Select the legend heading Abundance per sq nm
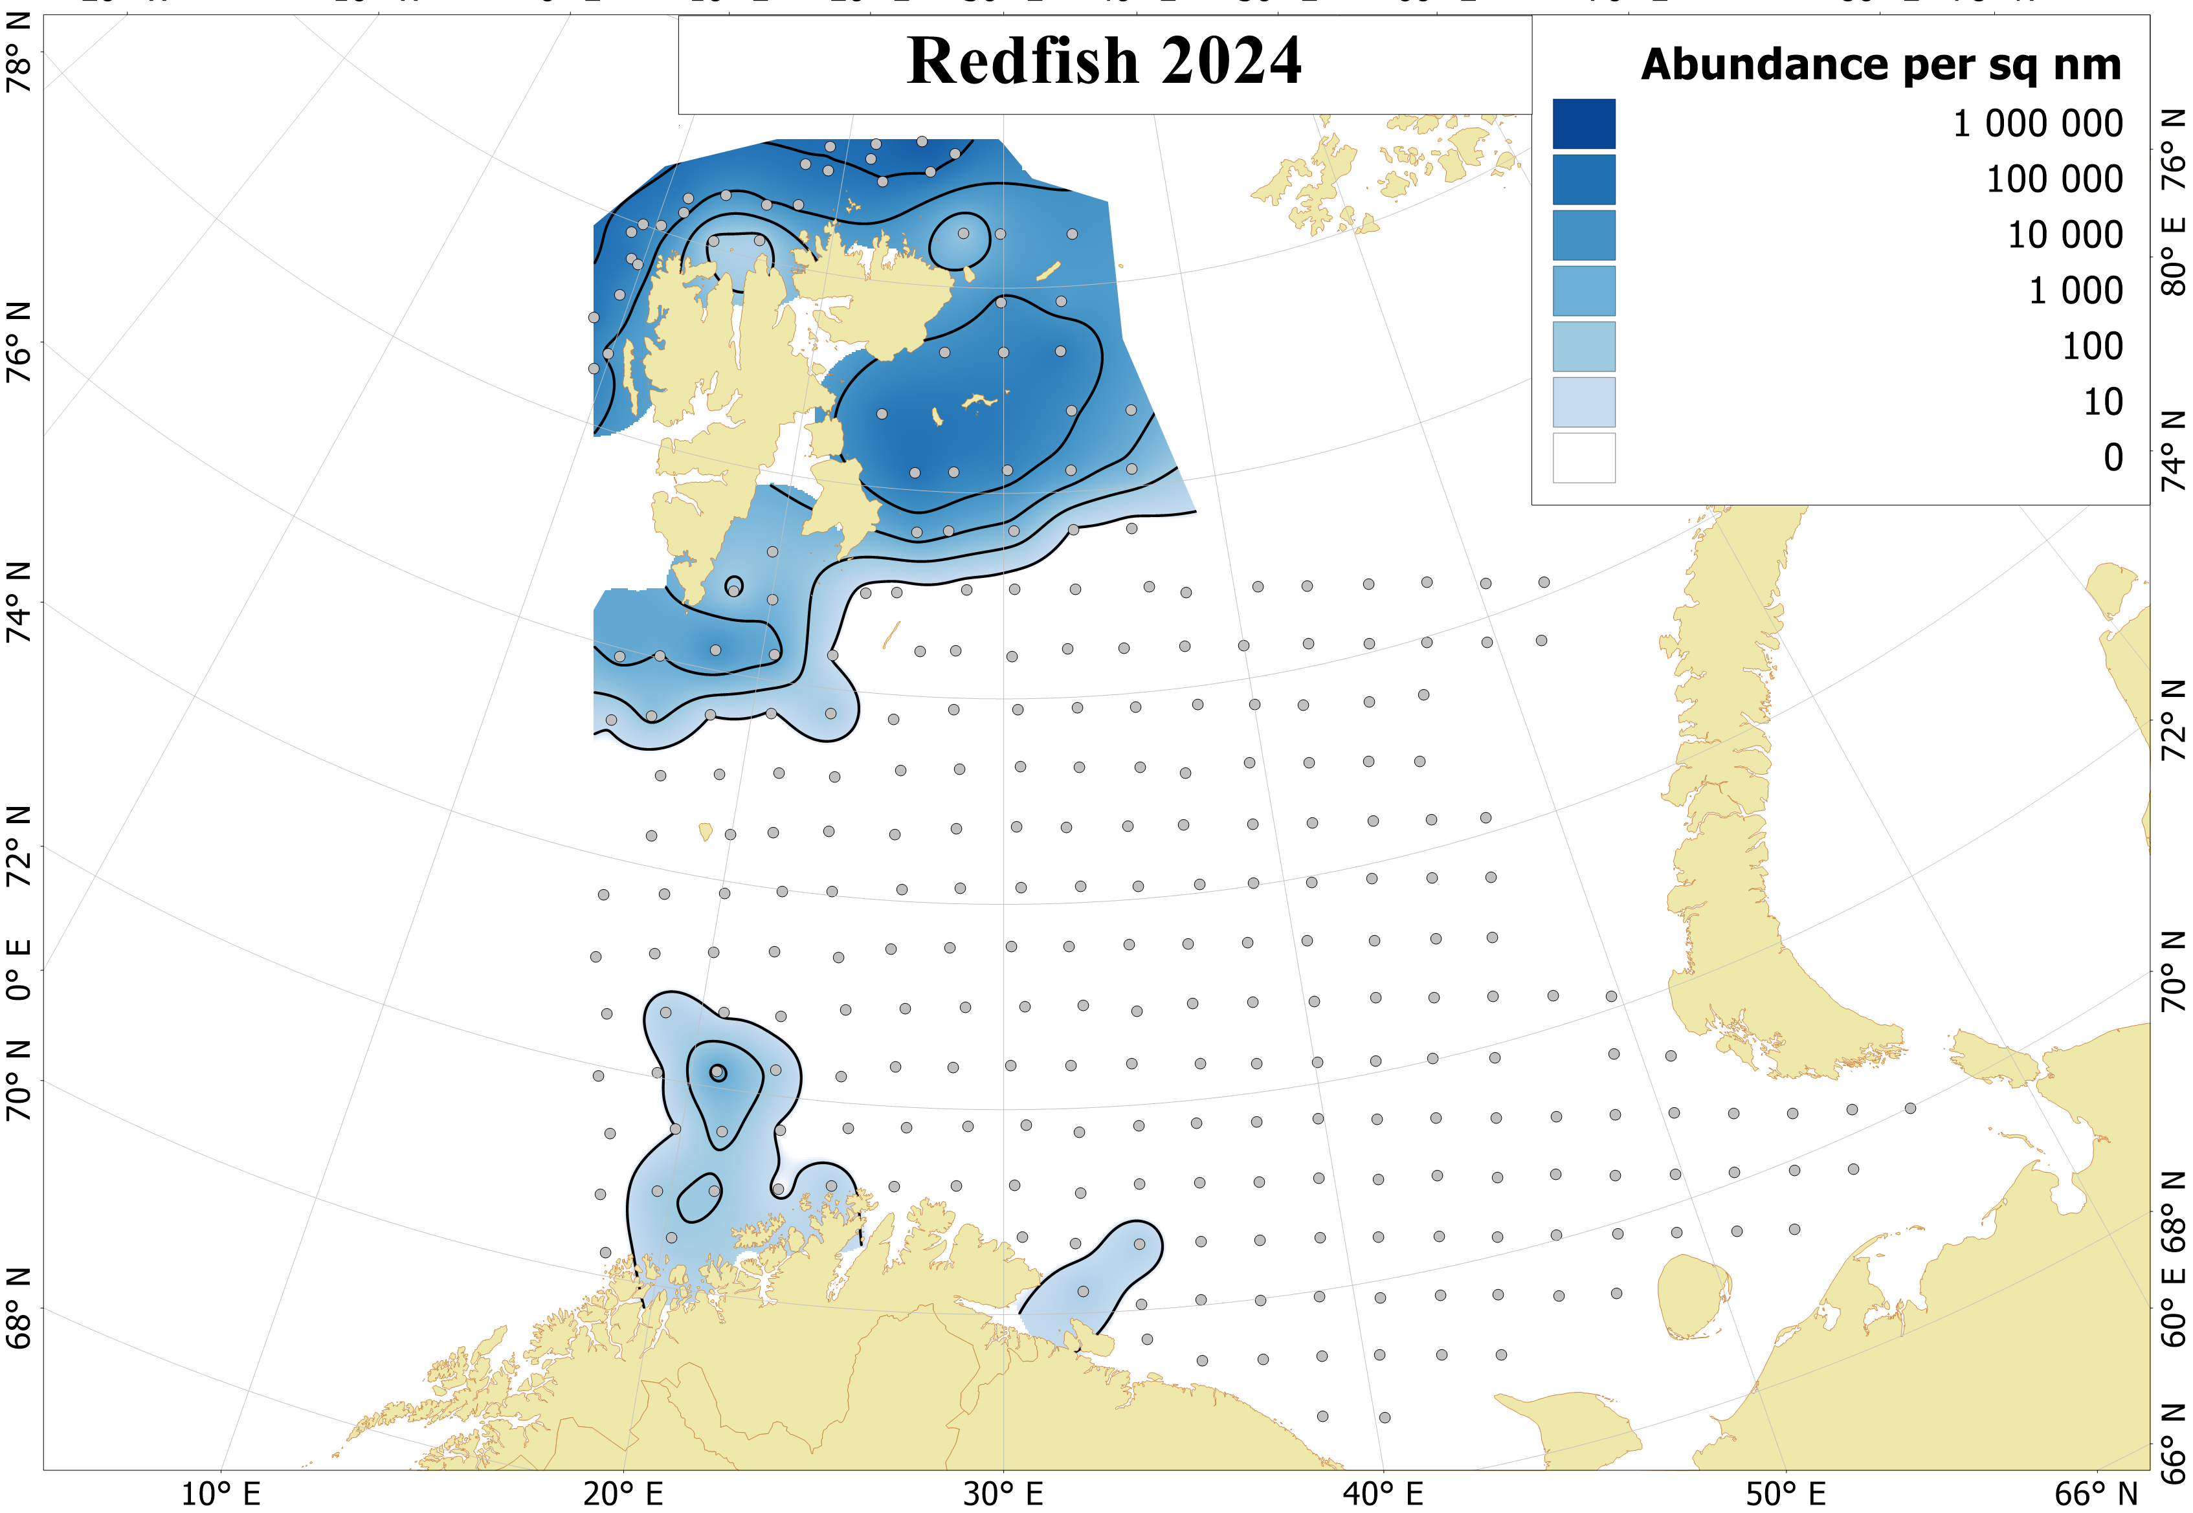(x=1880, y=65)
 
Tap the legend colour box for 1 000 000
(x=1583, y=124)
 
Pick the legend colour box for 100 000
(x=1583, y=180)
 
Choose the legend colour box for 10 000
(x=1583, y=235)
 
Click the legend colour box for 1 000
(x=1583, y=291)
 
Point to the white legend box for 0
(x=1583, y=458)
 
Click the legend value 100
(x=2091, y=347)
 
